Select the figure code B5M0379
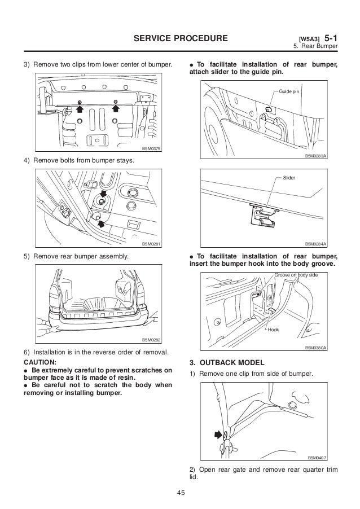coord(151,148)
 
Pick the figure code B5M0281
coord(151,244)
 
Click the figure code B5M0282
coord(151,340)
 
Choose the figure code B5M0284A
coord(316,244)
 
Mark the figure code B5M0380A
coord(316,348)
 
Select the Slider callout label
coord(288,178)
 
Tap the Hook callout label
coord(274,330)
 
